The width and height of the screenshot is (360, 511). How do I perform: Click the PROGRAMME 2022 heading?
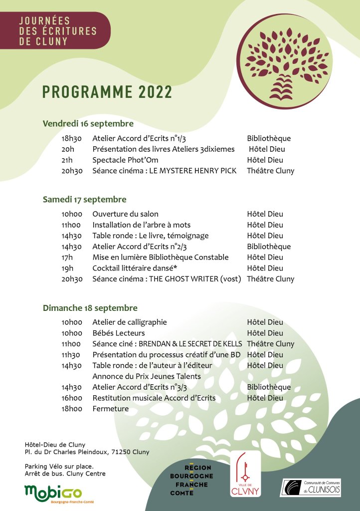[x=107, y=92]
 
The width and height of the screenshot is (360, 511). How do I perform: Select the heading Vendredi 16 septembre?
[x=88, y=124]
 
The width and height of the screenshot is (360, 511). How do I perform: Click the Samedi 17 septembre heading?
[x=84, y=200]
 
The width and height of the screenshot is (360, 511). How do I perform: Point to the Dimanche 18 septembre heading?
[x=90, y=308]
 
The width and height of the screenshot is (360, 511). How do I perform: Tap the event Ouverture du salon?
[x=125, y=214]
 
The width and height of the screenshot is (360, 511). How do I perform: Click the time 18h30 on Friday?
[x=72, y=138]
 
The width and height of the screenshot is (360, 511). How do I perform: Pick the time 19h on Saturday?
[x=67, y=268]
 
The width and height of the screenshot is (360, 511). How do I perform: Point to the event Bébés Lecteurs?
[x=119, y=333]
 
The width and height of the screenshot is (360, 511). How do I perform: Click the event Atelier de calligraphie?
[x=130, y=322]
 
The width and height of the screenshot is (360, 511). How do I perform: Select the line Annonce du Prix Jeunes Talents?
[x=147, y=376]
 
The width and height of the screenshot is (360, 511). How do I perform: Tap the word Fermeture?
[x=111, y=409]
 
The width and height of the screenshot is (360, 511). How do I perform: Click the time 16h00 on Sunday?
[x=72, y=398]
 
